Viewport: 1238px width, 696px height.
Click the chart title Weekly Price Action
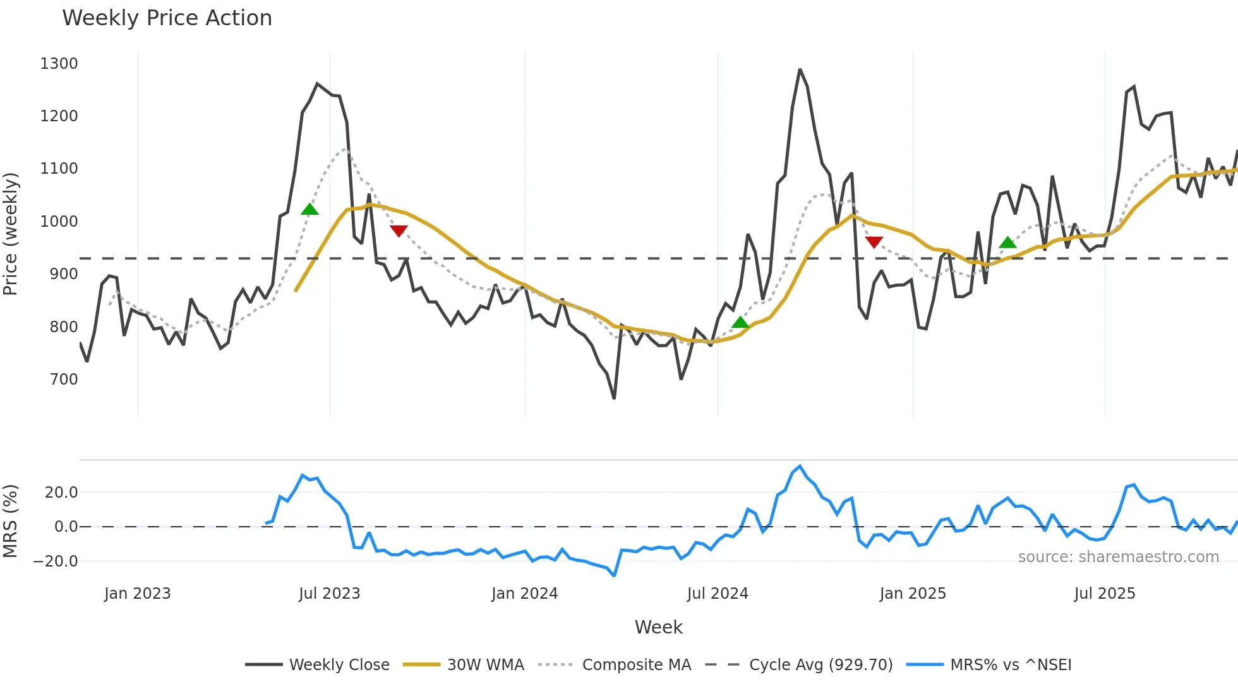point(167,18)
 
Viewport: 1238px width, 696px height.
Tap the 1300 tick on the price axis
point(59,64)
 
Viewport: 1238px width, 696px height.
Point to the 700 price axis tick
point(64,380)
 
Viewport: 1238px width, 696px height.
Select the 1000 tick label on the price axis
point(59,222)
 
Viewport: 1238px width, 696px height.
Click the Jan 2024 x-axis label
point(524,594)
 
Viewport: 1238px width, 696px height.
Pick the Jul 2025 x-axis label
point(1105,594)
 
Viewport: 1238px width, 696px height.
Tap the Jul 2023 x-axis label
point(329,594)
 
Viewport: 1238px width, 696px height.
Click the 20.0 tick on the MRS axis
point(61,493)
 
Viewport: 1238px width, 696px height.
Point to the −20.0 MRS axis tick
point(56,561)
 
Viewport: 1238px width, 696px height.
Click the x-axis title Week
point(658,627)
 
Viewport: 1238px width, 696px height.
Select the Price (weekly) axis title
point(11,234)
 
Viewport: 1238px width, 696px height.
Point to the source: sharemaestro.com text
point(1118,557)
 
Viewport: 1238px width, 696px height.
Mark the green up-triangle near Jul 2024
point(740,323)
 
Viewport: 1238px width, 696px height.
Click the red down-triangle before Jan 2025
point(874,242)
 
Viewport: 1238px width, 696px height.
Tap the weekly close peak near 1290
point(800,69)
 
